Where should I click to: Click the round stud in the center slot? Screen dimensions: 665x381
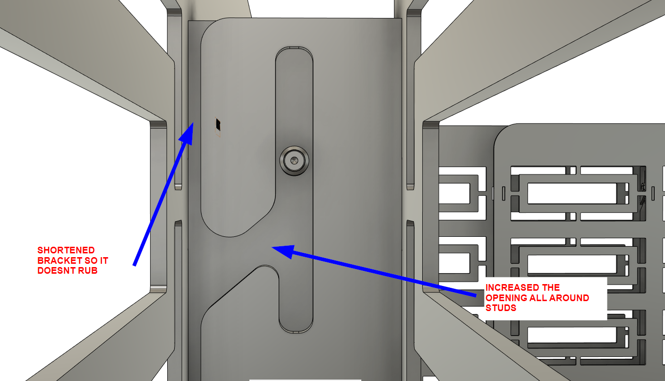pyautogui.click(x=294, y=161)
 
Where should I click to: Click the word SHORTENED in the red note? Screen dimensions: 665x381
pyautogui.click(x=66, y=250)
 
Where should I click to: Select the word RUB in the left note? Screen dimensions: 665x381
pyautogui.click(x=87, y=271)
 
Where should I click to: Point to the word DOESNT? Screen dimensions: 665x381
pyautogui.click(x=56, y=271)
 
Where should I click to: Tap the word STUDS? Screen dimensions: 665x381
pyautogui.click(x=501, y=308)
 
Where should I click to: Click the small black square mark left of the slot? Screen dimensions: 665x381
pyautogui.click(x=218, y=124)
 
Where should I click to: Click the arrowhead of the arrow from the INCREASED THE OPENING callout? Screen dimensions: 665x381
pyautogui.click(x=283, y=251)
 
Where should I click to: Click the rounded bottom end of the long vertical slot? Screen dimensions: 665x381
pyautogui.click(x=296, y=327)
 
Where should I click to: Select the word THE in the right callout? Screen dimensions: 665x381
pyautogui.click(x=551, y=288)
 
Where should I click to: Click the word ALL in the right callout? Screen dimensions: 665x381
pyautogui.click(x=539, y=298)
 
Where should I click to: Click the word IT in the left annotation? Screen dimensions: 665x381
pyautogui.click(x=104, y=260)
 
